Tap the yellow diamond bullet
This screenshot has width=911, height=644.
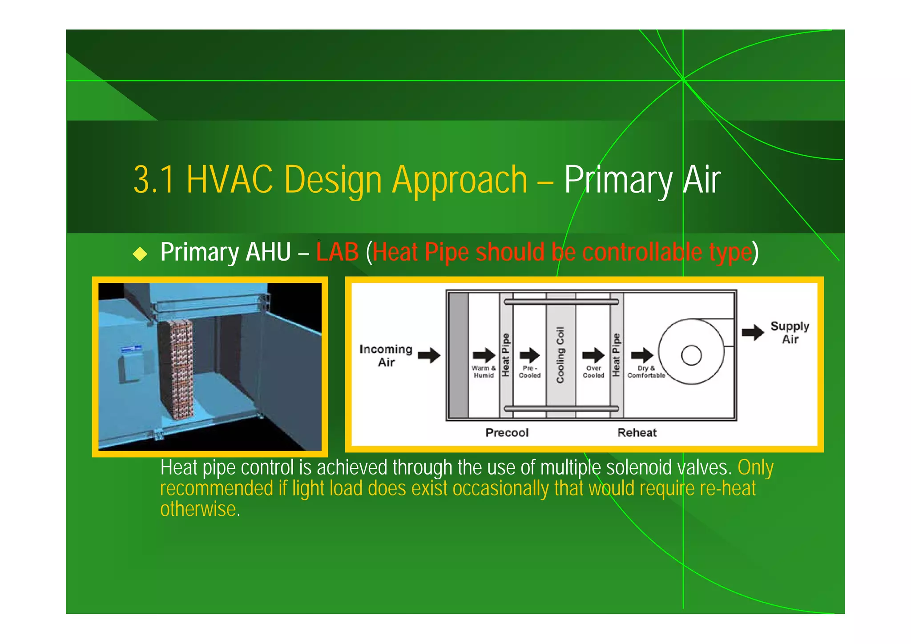pyautogui.click(x=140, y=254)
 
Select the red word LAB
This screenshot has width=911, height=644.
pyautogui.click(x=337, y=252)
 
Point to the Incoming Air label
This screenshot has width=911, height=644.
pyautogui.click(x=386, y=355)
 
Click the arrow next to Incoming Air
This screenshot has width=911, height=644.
pyautogui.click(x=429, y=355)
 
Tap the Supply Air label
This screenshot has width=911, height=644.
pyautogui.click(x=790, y=332)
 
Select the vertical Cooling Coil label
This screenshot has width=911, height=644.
pyautogui.click(x=560, y=355)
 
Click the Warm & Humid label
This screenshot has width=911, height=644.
pyautogui.click(x=484, y=372)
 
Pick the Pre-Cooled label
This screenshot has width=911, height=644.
pyautogui.click(x=529, y=372)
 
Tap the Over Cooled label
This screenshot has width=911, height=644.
pyautogui.click(x=593, y=372)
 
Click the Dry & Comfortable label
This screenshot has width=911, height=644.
pyautogui.click(x=646, y=372)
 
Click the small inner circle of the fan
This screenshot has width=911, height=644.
pyautogui.click(x=691, y=355)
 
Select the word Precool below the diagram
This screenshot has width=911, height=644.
pyautogui.click(x=507, y=433)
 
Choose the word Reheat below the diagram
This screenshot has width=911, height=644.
pyautogui.click(x=637, y=433)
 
